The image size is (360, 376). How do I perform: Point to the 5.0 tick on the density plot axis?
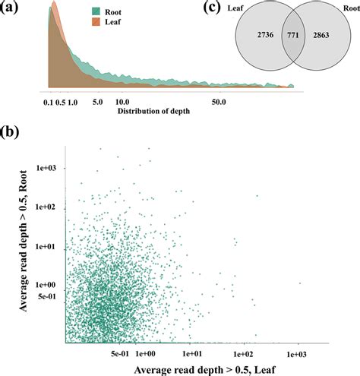97,100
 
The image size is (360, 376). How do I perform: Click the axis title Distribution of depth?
154,112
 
